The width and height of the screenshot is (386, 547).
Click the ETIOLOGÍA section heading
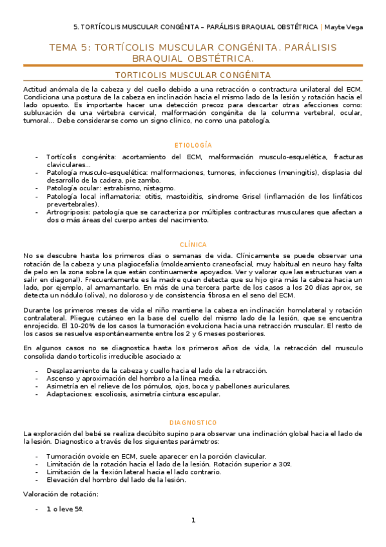point(193,145)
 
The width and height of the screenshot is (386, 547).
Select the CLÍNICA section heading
point(193,244)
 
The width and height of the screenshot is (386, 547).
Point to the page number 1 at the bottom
point(193,520)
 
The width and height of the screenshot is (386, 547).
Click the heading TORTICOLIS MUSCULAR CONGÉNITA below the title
point(193,75)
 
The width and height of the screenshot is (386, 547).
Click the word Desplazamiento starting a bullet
point(77,370)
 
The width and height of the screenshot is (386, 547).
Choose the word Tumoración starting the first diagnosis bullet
point(70,456)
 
